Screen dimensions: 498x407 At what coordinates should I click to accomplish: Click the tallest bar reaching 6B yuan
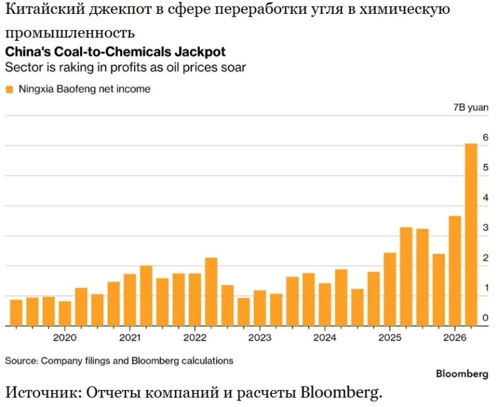471,235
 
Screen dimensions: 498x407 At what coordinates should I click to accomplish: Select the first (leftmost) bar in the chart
16,313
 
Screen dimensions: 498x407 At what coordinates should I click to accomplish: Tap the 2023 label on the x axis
260,337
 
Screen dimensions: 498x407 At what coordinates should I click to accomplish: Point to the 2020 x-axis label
65,337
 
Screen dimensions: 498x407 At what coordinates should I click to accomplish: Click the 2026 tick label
455,337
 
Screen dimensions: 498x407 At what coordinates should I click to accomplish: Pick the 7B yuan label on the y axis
471,107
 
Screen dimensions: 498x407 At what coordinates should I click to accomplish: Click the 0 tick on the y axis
486,318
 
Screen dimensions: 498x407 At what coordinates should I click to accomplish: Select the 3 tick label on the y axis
486,227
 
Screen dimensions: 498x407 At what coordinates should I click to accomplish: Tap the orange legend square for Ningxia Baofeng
10,89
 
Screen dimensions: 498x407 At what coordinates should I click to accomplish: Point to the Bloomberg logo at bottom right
462,373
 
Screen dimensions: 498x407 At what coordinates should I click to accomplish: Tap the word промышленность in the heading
70,33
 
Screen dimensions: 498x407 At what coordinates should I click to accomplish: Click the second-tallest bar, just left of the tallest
455,271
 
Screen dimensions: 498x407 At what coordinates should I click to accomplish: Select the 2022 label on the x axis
194,337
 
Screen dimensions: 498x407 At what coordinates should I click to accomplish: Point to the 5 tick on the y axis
486,167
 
